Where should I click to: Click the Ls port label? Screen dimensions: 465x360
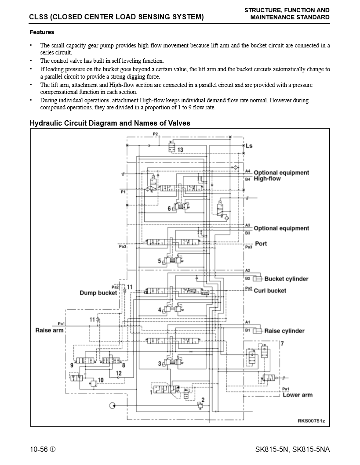[x=249, y=145]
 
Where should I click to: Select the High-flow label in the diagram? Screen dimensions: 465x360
[x=267, y=179]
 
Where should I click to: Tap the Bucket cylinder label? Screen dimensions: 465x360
[x=286, y=279]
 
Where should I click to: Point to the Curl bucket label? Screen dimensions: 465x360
[x=270, y=291]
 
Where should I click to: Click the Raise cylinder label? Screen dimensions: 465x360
[x=284, y=331]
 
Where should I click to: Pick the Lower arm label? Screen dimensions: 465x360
[x=297, y=395]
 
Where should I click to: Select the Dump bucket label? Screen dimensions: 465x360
[x=98, y=293]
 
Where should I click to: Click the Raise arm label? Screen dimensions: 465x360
[x=49, y=330]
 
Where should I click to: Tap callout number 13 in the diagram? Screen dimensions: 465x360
[x=180, y=150]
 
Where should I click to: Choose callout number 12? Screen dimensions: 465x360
[x=119, y=373]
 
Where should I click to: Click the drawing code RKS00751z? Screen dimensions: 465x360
[x=311, y=421]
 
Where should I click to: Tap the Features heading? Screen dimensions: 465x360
[x=42, y=32]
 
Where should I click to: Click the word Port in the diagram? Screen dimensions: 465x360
[x=261, y=243]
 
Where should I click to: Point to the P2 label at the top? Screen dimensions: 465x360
[x=155, y=133]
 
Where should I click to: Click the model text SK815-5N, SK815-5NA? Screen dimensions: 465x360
[x=292, y=450]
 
